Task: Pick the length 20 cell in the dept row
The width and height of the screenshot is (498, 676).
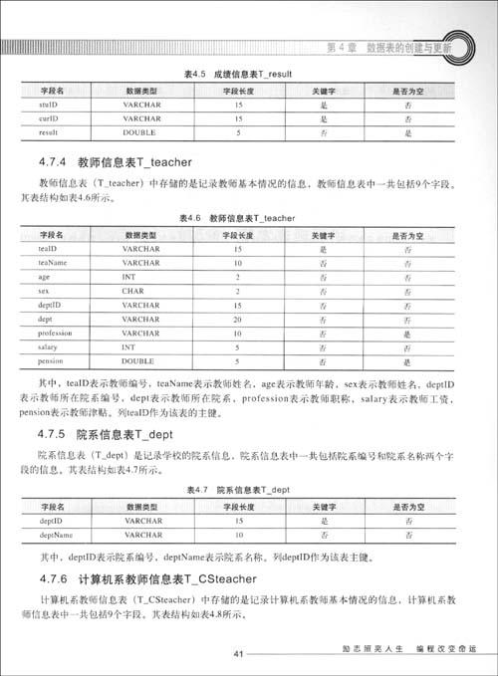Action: point(238,319)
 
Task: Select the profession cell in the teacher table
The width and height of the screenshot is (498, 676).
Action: point(56,333)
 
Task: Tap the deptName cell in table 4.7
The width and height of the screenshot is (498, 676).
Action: point(56,535)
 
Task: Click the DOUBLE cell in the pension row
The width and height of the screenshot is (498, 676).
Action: point(139,360)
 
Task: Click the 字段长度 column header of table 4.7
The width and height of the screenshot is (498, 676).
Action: point(238,506)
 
